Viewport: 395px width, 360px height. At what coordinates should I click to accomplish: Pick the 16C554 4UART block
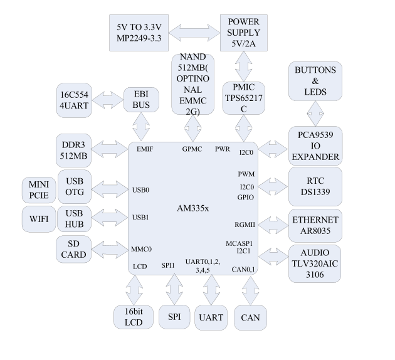[75, 99]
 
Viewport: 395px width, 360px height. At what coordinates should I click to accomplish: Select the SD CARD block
[75, 249]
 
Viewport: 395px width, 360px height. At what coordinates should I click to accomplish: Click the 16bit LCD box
[134, 317]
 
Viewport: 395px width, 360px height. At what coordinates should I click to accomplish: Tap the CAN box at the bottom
[250, 317]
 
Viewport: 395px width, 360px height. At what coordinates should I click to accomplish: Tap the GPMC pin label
[192, 149]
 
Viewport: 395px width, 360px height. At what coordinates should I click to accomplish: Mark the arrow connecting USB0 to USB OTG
[108, 188]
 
